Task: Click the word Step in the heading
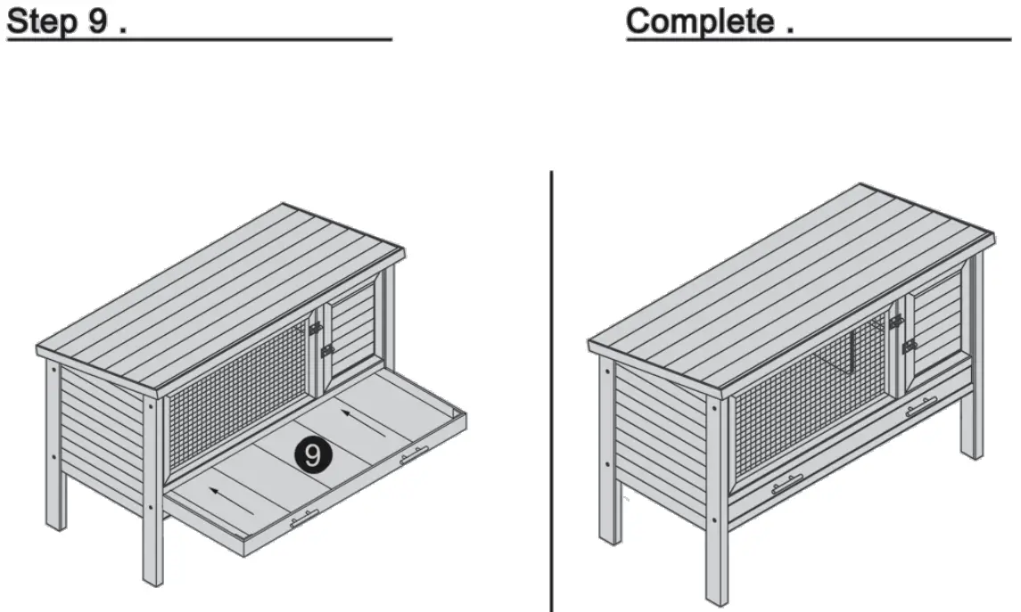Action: click(x=43, y=22)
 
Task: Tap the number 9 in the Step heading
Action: click(x=98, y=22)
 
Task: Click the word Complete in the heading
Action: click(x=700, y=21)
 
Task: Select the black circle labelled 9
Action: click(x=312, y=455)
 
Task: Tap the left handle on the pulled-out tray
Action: click(x=303, y=519)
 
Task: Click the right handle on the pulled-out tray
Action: click(x=414, y=456)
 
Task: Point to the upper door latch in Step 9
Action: click(x=315, y=328)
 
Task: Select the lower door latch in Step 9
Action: click(x=327, y=351)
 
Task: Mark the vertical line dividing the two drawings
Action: click(x=550, y=392)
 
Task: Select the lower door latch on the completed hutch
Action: click(x=909, y=346)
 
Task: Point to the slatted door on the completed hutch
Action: click(x=936, y=325)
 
